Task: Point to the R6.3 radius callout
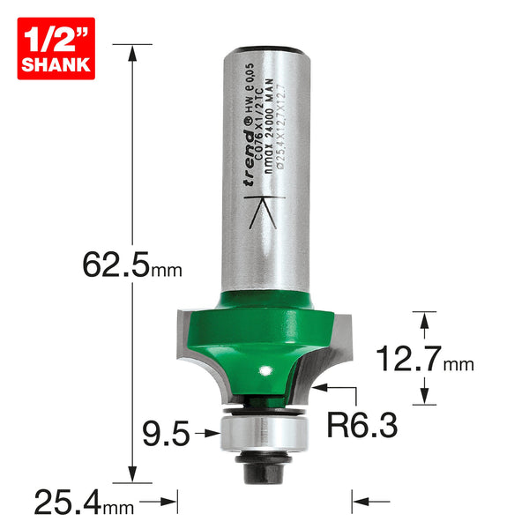coord(362,426)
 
